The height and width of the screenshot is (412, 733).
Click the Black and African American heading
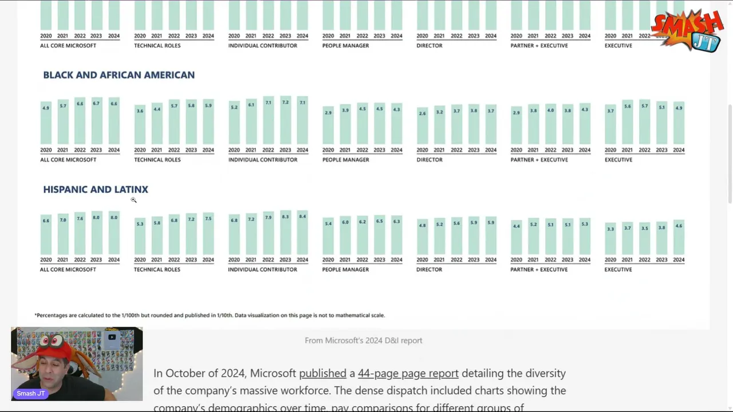[119, 75]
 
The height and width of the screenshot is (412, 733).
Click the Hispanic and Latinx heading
[96, 189]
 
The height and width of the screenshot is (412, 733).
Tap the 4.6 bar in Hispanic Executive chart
[679, 237]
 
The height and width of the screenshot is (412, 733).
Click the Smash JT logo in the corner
[687, 30]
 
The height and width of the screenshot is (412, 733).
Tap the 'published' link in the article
[322, 374]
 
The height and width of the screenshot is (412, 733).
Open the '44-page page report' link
[408, 374]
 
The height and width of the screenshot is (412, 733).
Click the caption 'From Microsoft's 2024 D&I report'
[363, 340]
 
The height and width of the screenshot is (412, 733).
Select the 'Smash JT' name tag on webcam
[31, 394]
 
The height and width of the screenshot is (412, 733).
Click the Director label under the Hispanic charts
[429, 270]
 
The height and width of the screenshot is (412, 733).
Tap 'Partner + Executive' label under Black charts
[539, 160]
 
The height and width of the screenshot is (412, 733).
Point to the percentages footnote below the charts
[210, 315]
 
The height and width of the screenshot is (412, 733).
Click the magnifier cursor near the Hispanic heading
[133, 200]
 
